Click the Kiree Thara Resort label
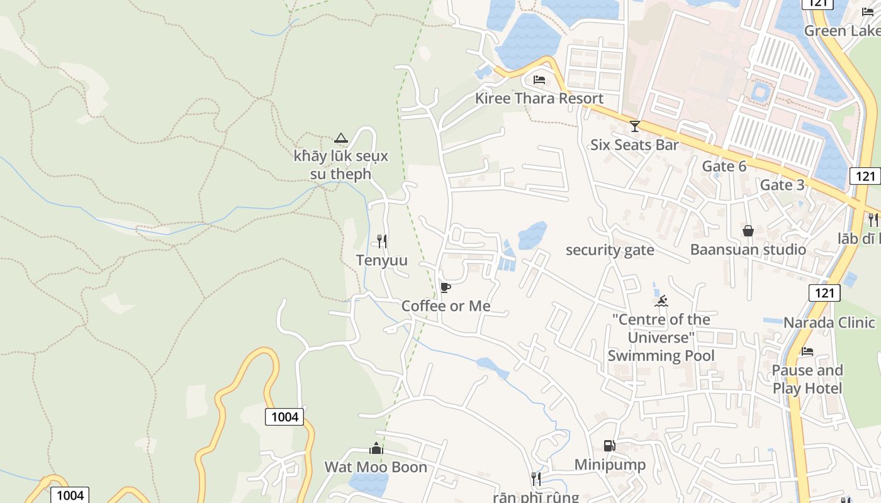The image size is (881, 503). point(539,98)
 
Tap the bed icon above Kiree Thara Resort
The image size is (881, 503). point(539,80)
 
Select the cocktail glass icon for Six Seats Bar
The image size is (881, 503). point(634,126)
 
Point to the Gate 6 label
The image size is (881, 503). point(724,166)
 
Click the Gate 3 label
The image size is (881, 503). point(782,185)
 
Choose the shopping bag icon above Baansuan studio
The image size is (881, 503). point(748,231)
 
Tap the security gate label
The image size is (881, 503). point(610,250)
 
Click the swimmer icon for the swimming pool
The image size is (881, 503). point(661,302)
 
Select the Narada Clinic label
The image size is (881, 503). point(829,323)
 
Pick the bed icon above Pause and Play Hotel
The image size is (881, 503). point(807,351)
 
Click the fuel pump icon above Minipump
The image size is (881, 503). point(609,446)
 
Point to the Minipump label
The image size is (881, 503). point(610,465)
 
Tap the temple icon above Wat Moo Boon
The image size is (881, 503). point(376,448)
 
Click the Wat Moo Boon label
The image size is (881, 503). point(376,467)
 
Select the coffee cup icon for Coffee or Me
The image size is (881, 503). point(446,288)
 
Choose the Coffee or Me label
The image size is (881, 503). point(446,306)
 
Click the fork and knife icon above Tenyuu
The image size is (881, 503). point(381,241)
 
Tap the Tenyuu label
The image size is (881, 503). point(382,260)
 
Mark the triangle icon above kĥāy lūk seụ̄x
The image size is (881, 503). point(341,138)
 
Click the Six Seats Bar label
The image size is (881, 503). point(634,145)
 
